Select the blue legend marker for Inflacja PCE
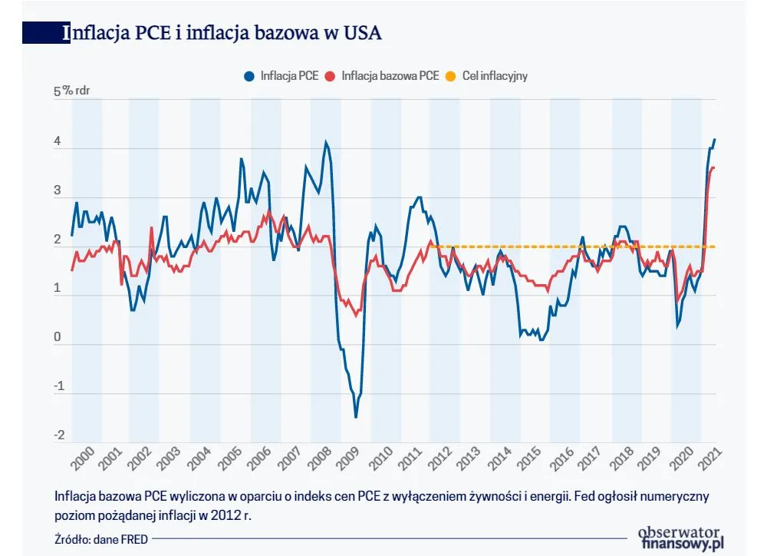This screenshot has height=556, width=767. [x=249, y=76]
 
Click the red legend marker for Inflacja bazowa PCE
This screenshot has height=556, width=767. [x=331, y=76]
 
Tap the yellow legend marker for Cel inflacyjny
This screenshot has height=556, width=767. [x=452, y=76]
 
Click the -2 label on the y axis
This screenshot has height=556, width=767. [x=58, y=436]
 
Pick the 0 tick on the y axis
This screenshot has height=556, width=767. [x=58, y=339]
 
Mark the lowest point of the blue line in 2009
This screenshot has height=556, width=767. [x=356, y=417]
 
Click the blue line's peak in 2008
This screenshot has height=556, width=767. [x=326, y=142]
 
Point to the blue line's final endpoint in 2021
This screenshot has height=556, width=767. [x=715, y=139]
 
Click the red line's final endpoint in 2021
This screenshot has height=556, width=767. [x=715, y=167]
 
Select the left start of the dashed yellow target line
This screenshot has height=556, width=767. [x=430, y=247]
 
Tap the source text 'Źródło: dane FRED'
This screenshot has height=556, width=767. [x=101, y=539]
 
